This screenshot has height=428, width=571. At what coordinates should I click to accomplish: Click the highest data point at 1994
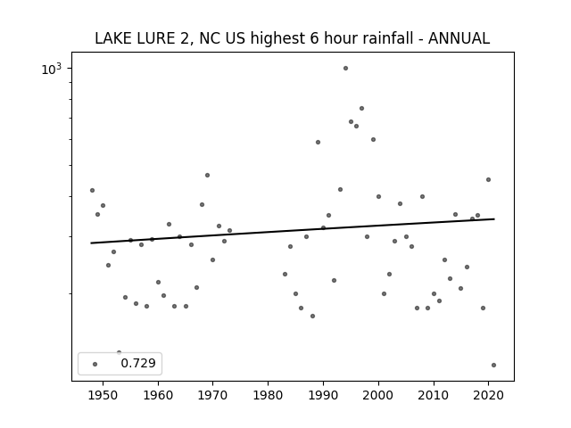[x=345, y=69]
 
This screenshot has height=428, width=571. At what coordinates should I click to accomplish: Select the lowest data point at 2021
[x=493, y=365]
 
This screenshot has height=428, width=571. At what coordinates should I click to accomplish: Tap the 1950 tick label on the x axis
[x=103, y=396]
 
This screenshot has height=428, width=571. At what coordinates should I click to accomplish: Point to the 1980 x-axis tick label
[x=268, y=396]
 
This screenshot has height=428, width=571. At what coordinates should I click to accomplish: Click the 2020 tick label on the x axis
[x=488, y=396]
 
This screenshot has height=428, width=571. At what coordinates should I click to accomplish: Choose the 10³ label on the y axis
[x=52, y=69]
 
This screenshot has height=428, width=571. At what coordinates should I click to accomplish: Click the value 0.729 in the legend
[x=138, y=363]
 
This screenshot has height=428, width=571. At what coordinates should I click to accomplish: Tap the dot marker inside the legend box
[x=95, y=364]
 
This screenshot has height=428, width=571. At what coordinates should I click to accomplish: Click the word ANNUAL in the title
[x=459, y=38]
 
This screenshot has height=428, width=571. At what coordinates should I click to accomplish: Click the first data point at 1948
[x=92, y=190]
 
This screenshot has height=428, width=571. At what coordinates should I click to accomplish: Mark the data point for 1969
[x=207, y=175]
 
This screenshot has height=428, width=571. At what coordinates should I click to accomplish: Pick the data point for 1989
[x=318, y=143]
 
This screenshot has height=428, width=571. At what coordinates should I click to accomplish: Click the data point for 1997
[x=361, y=109]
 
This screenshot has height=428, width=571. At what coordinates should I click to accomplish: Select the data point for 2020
[x=488, y=180]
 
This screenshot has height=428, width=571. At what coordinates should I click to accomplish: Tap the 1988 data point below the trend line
[x=312, y=316]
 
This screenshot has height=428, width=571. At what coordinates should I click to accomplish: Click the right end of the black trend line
[x=494, y=218]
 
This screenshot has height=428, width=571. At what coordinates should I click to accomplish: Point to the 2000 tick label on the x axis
[x=378, y=396]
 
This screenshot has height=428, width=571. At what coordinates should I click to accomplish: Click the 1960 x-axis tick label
[x=158, y=396]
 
